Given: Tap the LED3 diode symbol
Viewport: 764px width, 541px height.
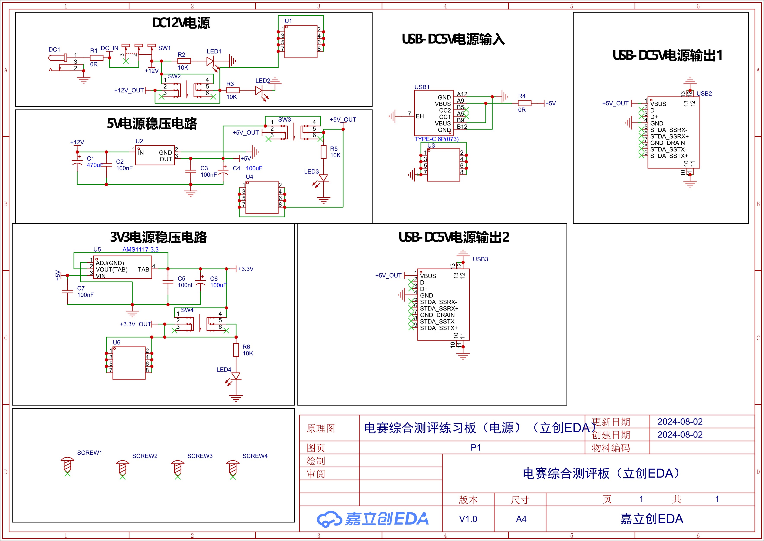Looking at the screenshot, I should click(323, 178).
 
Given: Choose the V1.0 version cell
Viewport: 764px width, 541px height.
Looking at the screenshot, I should click(468, 519).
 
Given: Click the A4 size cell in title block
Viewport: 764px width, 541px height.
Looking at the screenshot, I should click(521, 519).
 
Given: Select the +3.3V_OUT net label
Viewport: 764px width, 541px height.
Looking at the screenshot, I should click(135, 324).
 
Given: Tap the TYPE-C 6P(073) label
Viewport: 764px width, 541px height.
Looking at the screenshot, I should click(436, 139).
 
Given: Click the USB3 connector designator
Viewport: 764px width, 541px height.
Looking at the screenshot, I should click(480, 259).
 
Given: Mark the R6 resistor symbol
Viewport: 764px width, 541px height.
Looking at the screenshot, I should click(236, 350).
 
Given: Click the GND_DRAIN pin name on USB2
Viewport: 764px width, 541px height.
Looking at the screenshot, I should click(668, 143).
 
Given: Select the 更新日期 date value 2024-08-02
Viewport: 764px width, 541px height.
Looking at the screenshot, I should click(680, 422).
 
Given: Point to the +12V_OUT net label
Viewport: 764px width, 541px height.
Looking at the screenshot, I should click(129, 90).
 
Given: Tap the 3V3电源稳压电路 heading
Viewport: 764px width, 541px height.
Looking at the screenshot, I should click(158, 237).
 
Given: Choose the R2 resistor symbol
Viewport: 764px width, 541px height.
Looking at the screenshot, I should click(184, 61).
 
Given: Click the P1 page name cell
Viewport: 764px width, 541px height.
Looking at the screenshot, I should click(476, 448).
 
